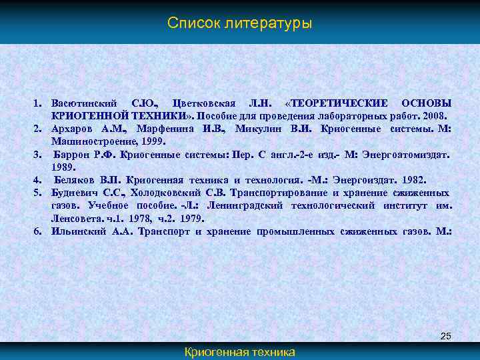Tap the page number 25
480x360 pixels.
coord(445,337)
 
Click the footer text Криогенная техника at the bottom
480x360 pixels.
coord(239,352)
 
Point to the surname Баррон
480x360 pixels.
coord(74,155)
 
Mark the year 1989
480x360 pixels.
coord(63,167)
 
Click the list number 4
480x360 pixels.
coord(39,180)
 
